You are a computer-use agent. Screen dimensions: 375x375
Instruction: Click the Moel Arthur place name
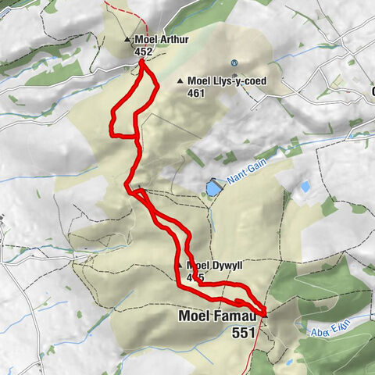pyautogui.click(x=162, y=39)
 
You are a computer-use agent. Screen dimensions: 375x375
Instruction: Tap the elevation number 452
pyautogui.click(x=143, y=51)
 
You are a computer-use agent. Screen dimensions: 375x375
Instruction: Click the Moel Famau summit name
pyautogui.click(x=213, y=316)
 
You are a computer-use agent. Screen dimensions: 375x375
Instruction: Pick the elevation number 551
pyautogui.click(x=244, y=332)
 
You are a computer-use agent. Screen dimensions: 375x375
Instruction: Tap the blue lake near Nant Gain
pyautogui.click(x=212, y=187)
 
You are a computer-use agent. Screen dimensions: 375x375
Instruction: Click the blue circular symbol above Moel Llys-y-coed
pyautogui.click(x=233, y=63)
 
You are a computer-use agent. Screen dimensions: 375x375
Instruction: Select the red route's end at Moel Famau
pyautogui.click(x=264, y=312)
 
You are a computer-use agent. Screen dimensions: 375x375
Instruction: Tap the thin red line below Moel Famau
pyautogui.click(x=253, y=352)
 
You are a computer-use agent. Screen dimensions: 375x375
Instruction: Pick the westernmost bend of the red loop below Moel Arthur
pyautogui.click(x=112, y=121)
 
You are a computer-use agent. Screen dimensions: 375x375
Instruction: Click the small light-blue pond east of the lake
pyautogui.click(x=304, y=187)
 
